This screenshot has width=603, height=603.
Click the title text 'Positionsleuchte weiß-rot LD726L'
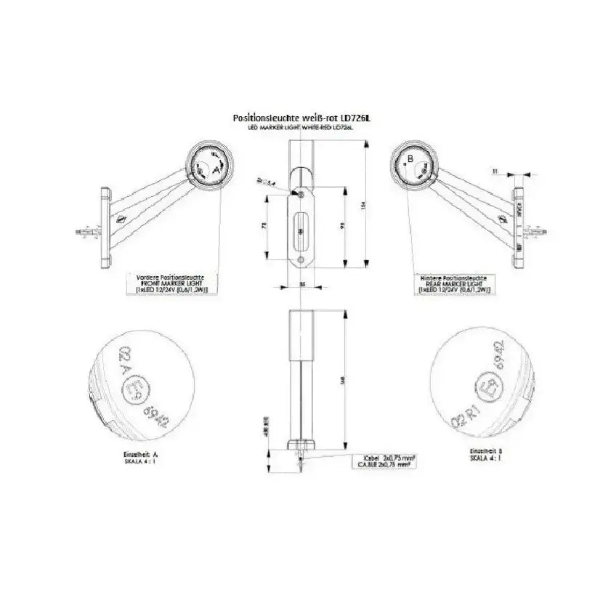click(x=301, y=117)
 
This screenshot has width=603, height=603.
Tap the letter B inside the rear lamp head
click(x=410, y=158)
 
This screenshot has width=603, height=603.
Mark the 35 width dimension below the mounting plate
click(x=301, y=285)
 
